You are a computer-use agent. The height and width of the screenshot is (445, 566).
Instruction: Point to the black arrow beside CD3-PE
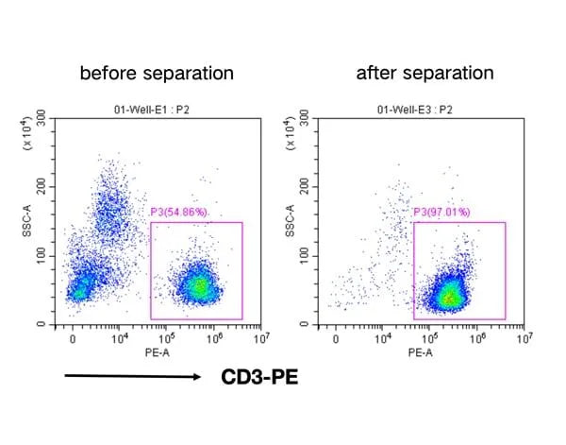click(x=132, y=378)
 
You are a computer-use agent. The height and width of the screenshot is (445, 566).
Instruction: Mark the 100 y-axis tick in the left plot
click(x=42, y=255)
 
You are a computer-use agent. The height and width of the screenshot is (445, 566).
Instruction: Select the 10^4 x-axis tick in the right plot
click(x=381, y=337)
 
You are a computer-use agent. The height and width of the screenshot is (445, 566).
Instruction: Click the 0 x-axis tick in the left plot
click(x=73, y=337)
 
